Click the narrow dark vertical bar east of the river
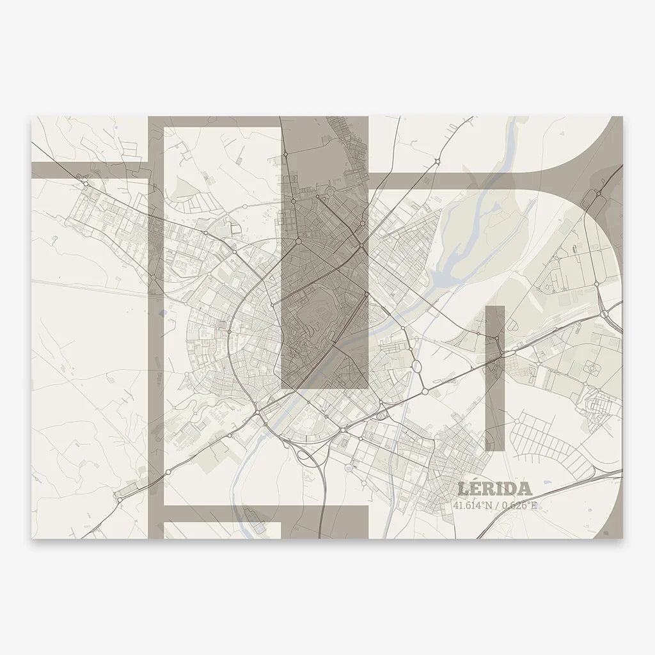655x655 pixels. (495, 377)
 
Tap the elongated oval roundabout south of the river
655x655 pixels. (416, 367)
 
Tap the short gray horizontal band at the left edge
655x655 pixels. (90, 170)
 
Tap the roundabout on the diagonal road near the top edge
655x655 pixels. (436, 160)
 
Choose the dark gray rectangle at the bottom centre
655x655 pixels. (325, 521)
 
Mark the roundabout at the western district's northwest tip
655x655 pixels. (85, 184)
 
